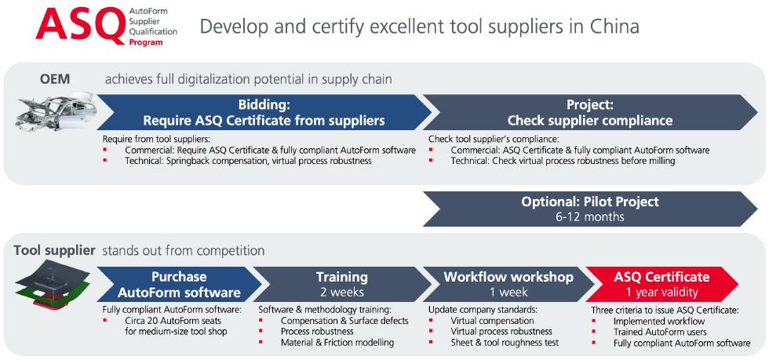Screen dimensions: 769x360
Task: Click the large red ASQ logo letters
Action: (x=80, y=26)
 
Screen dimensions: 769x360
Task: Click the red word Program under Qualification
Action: (x=146, y=42)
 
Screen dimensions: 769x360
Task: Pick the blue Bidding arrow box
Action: (x=264, y=112)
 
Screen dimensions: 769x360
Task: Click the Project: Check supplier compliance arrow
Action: (x=590, y=112)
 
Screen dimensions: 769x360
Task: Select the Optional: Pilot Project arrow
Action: (x=590, y=209)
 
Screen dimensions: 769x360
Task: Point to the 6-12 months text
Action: (x=590, y=216)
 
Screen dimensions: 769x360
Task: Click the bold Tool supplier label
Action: (x=54, y=251)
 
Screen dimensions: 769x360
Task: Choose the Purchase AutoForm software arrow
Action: (x=179, y=284)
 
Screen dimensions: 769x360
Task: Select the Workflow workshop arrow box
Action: (x=508, y=284)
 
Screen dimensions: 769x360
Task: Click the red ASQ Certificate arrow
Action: (x=661, y=284)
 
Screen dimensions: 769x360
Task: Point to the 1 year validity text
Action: (x=661, y=293)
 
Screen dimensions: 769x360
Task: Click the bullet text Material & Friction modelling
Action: (x=337, y=342)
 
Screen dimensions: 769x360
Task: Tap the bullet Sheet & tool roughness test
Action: (x=505, y=342)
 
